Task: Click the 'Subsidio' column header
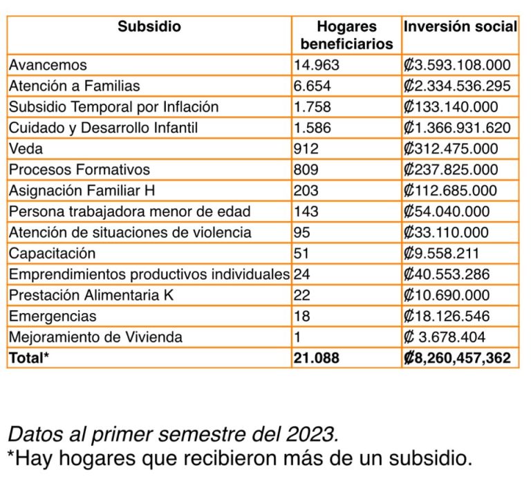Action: point(149,27)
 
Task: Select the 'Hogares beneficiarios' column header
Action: point(346,35)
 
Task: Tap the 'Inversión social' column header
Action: point(460,27)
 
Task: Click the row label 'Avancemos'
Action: point(48,66)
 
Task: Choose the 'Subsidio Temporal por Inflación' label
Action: point(113,107)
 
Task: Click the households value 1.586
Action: point(313,128)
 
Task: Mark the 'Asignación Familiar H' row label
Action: point(79,191)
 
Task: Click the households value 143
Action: point(306,211)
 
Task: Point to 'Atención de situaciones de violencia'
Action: point(130,232)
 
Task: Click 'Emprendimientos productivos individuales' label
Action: point(149,274)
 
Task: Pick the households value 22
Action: point(301,295)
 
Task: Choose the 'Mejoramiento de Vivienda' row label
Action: point(95,337)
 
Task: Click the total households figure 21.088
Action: point(317,358)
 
